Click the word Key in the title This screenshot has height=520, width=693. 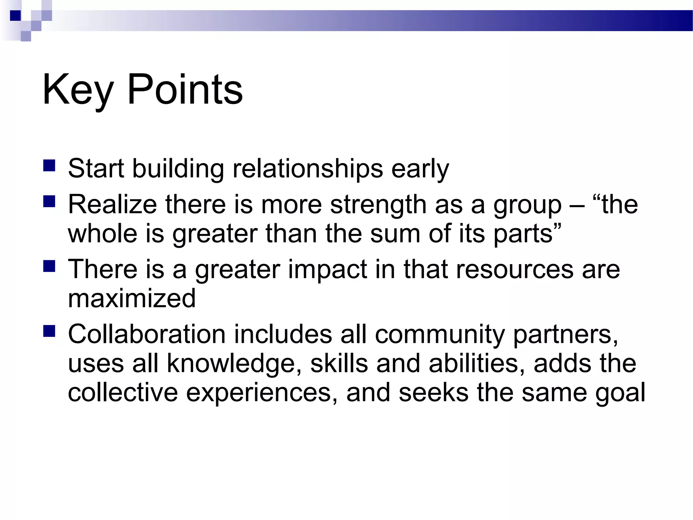point(77,90)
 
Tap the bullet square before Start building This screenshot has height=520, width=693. point(49,166)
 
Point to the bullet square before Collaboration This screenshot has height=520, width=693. point(49,331)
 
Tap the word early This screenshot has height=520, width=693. point(420,169)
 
